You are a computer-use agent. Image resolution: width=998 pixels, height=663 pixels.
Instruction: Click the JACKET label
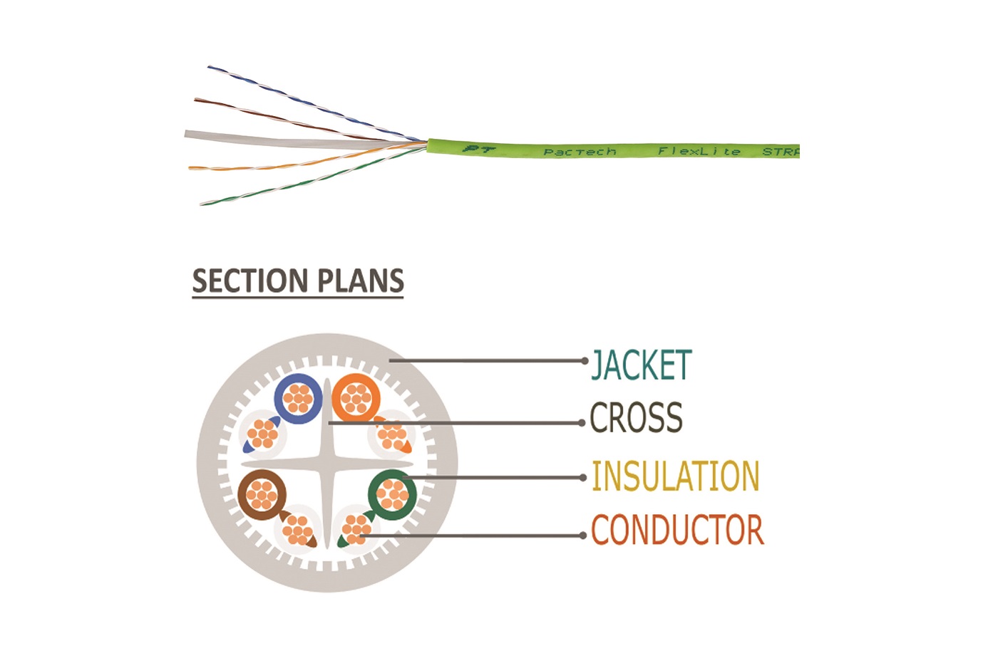(x=641, y=365)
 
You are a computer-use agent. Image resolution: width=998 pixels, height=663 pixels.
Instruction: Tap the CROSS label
(x=636, y=417)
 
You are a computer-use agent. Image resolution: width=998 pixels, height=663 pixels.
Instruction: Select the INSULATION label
(x=676, y=476)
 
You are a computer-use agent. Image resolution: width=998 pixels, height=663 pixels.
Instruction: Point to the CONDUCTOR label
(x=678, y=530)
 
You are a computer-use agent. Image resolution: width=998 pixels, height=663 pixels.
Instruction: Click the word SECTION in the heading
(x=250, y=281)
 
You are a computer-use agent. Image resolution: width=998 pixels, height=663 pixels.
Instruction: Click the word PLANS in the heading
(x=361, y=281)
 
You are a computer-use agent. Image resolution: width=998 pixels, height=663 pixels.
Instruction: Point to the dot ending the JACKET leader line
(x=585, y=361)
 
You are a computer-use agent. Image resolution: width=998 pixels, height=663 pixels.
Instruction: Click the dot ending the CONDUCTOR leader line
(x=583, y=536)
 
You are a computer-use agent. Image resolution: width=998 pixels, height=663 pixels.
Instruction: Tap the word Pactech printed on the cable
(x=580, y=152)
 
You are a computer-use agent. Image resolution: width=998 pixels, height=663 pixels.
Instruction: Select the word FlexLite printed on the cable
(x=699, y=151)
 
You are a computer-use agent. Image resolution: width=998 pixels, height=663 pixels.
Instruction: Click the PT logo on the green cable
(x=479, y=149)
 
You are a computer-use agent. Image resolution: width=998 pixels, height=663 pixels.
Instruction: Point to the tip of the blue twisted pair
(x=208, y=67)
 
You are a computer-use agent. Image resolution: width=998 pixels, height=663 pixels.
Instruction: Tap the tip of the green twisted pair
(x=201, y=204)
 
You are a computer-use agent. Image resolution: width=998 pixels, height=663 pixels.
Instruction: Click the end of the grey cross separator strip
(x=186, y=134)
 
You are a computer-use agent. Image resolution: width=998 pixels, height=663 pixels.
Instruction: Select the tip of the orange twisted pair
(x=190, y=168)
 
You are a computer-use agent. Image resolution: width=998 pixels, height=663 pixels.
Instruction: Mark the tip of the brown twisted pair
(x=195, y=100)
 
